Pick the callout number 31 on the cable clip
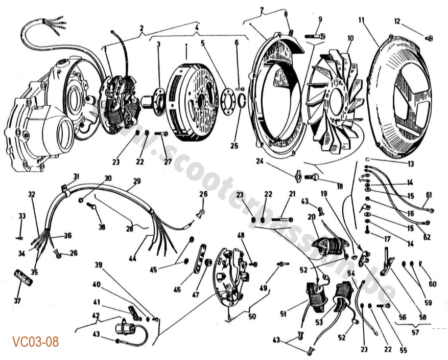pos(76,177)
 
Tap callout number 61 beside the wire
pos(428,194)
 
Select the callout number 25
pos(234,146)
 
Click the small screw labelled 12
pos(430,37)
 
